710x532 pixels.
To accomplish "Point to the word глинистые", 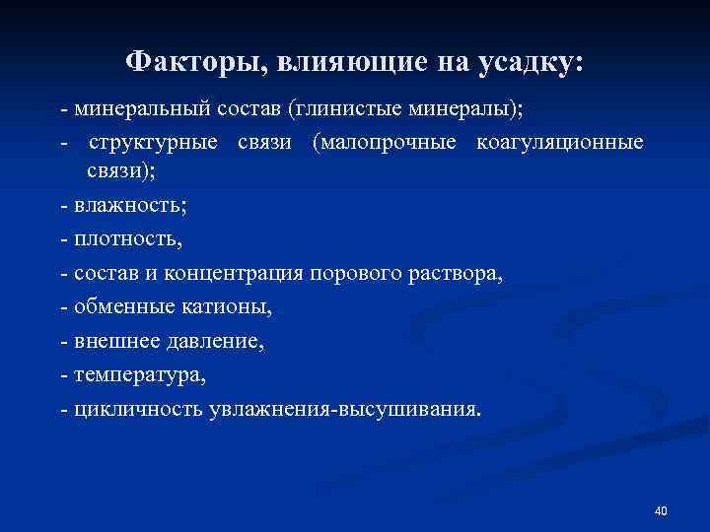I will coord(336,104).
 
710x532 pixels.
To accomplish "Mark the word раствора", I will coord(457,273).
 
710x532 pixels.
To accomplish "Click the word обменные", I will coord(117,306).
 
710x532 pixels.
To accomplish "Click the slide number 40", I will coord(661,510).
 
